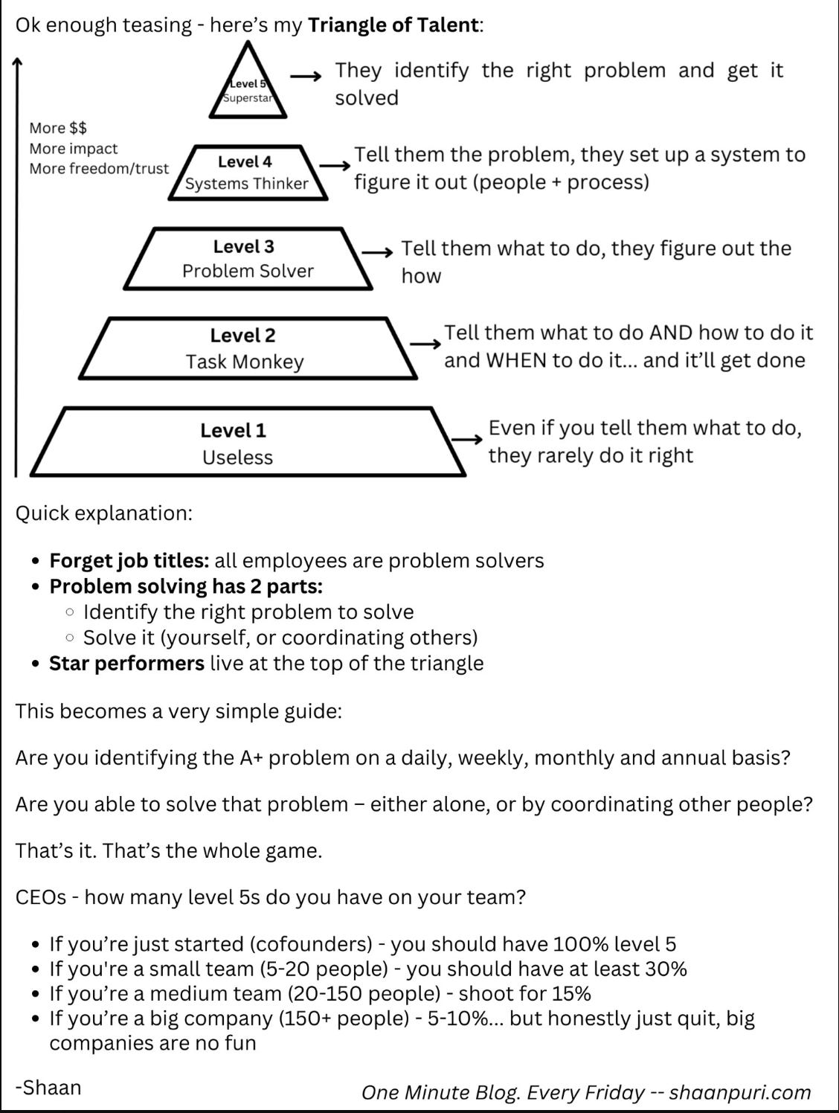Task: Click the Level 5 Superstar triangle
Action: pyautogui.click(x=248, y=89)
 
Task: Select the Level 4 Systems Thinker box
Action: pyautogui.click(x=246, y=173)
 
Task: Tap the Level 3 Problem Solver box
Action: pyautogui.click(x=248, y=258)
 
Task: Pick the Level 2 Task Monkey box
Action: pyautogui.click(x=245, y=348)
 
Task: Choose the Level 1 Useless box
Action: pyautogui.click(x=238, y=443)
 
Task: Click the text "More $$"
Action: pyautogui.click(x=58, y=129)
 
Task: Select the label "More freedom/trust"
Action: pyautogui.click(x=99, y=169)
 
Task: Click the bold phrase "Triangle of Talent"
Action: pyautogui.click(x=393, y=25)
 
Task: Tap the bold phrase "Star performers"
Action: pyautogui.click(x=126, y=664)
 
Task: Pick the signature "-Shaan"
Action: pyautogui.click(x=48, y=1088)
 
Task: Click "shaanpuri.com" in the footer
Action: pyautogui.click(x=739, y=1093)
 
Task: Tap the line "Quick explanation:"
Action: pyautogui.click(x=104, y=513)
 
